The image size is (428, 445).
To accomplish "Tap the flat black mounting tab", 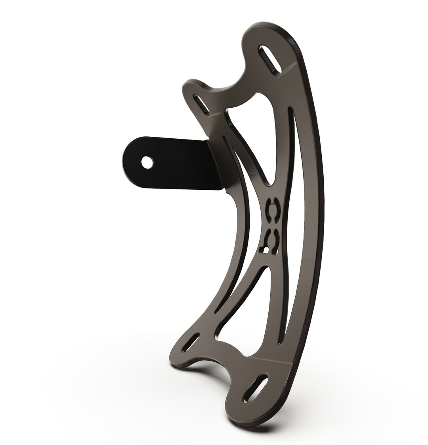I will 170,162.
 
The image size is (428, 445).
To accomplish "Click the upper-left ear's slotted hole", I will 201,103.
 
